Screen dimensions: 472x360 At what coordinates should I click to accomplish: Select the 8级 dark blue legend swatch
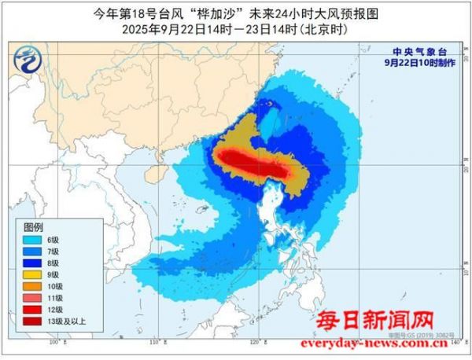coord(33,263)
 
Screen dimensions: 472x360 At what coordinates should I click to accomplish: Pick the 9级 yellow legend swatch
coord(33,275)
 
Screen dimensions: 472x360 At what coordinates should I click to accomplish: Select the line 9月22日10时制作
coord(422,60)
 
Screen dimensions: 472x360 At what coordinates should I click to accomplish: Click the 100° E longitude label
coord(55,343)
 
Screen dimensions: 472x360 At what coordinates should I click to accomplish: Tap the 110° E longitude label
coord(156,343)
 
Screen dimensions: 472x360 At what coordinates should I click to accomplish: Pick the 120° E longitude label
coord(256,343)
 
